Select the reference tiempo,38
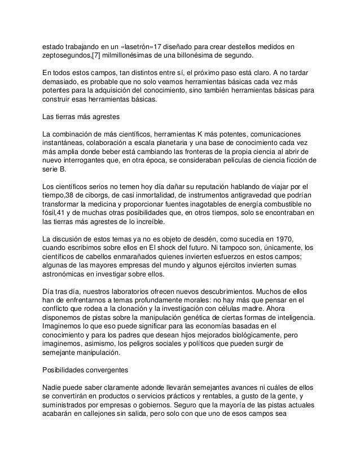61,195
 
